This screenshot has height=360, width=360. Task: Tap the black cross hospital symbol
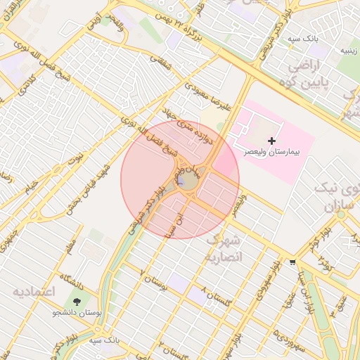click(272, 141)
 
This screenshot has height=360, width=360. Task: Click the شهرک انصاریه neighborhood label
click(223, 249)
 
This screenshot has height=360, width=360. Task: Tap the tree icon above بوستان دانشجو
click(76, 302)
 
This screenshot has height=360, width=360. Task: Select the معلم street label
click(69, 247)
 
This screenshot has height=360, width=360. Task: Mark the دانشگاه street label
click(72, 281)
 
